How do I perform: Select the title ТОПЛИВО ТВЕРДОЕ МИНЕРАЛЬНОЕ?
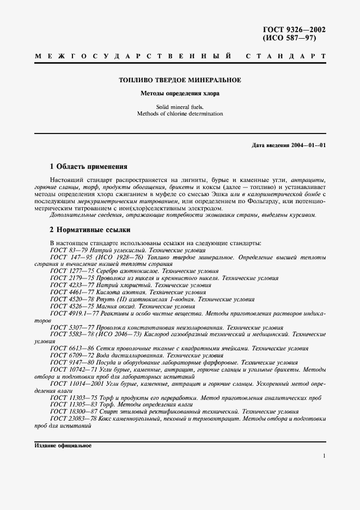tap(180, 81)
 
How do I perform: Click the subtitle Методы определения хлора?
tap(180, 94)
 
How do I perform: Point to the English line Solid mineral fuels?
tap(180, 107)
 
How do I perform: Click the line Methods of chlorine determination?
tap(180, 114)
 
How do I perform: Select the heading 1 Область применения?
tap(88, 167)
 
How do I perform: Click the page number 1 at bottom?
tap(324, 457)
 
